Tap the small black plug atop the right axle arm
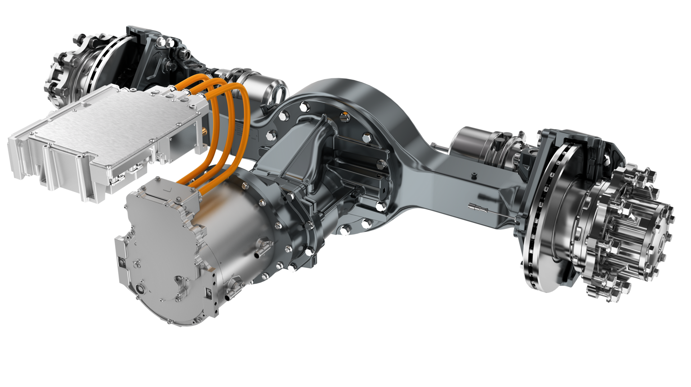[474, 176]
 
